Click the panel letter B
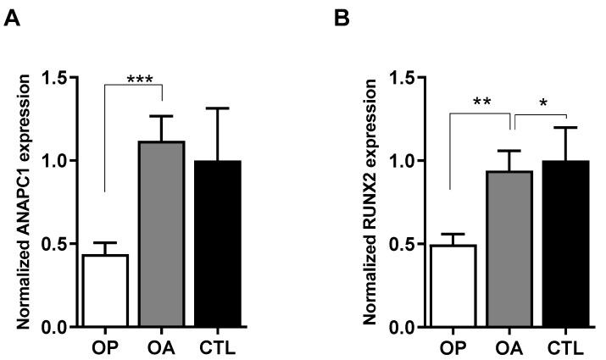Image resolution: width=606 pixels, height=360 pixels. coord(342,17)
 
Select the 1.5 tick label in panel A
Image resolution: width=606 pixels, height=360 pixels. coord(53,78)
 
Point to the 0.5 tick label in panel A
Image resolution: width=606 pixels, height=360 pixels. coord(53,244)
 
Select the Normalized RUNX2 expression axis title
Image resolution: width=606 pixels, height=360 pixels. coord(370,201)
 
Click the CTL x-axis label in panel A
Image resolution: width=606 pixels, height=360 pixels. coord(217,346)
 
